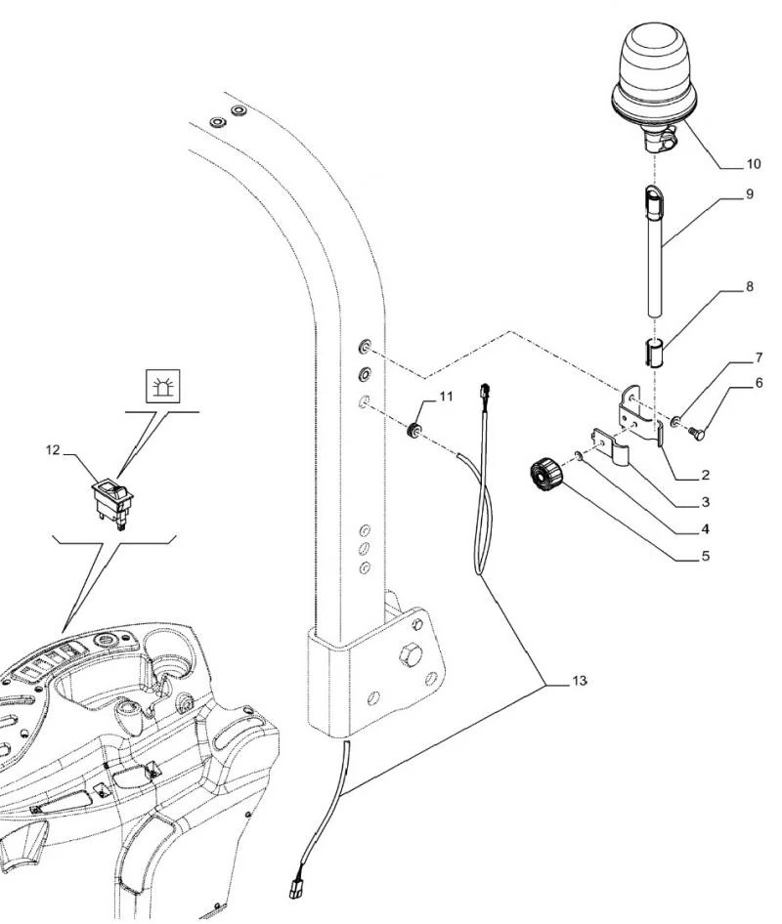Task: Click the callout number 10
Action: coord(753,164)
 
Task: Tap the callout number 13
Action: coord(579,681)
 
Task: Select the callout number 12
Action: coord(53,450)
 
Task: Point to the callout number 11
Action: coord(447,397)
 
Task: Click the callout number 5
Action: coord(706,557)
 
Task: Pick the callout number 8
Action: coord(750,287)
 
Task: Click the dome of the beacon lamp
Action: coord(652,64)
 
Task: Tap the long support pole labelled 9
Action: coord(654,252)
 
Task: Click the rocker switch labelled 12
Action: coord(112,500)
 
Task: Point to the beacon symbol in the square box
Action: coord(163,387)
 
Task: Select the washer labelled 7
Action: coord(674,421)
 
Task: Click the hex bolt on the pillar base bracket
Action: coord(408,654)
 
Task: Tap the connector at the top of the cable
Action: coord(484,391)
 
